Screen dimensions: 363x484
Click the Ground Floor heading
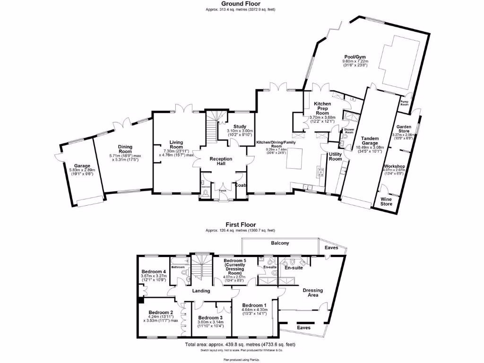[x=242, y=3]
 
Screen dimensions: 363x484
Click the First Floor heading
[x=242, y=225]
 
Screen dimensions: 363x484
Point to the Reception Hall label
[x=221, y=162]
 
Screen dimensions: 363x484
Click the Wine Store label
[x=387, y=202]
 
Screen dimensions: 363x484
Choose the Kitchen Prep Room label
[x=322, y=108]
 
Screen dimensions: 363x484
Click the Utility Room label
[x=335, y=156]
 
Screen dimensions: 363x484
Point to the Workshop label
[x=394, y=167]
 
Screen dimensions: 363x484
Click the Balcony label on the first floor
[x=280, y=243]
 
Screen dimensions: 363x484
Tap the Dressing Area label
[x=312, y=292]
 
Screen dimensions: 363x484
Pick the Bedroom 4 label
[x=154, y=272]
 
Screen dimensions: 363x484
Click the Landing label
[x=201, y=291]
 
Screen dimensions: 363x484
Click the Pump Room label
[x=405, y=103]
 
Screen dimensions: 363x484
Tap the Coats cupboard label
[x=242, y=185]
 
